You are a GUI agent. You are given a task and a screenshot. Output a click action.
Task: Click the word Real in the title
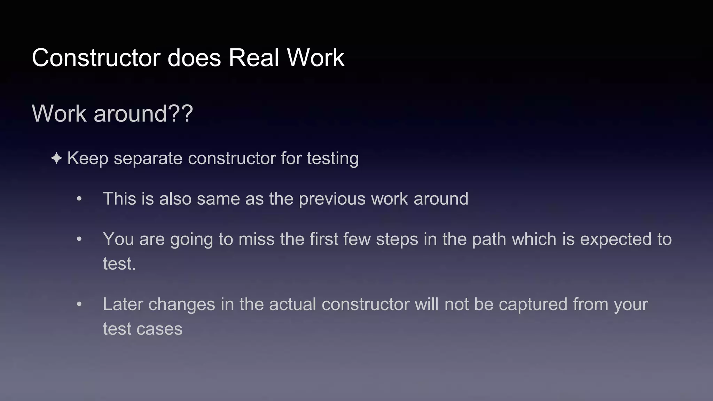[x=254, y=58]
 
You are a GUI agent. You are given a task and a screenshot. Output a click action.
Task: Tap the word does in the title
[x=194, y=58]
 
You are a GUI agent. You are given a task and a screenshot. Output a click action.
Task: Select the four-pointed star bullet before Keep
[x=56, y=159]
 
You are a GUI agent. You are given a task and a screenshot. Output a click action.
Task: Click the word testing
[x=332, y=159]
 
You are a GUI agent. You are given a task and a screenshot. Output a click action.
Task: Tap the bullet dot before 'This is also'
[x=79, y=199]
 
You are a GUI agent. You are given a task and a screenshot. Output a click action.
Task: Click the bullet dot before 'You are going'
[x=79, y=239]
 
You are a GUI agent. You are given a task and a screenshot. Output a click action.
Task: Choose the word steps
[x=397, y=239]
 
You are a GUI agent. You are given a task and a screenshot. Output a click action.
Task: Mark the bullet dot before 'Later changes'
[x=79, y=305]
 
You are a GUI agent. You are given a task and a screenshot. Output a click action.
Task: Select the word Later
[x=123, y=305]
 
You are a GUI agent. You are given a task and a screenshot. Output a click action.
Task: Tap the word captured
[x=533, y=305]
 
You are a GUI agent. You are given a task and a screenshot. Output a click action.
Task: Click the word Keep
[x=88, y=159]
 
